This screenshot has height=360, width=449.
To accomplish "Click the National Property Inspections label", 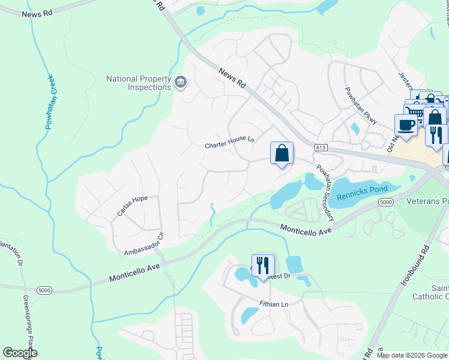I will (139, 83).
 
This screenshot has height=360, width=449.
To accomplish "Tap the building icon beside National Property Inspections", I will (181, 82).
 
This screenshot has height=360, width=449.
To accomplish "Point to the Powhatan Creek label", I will (50, 101).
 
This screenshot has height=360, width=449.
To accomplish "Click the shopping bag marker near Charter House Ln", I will (282, 154).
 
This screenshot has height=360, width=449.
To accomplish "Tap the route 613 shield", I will (320, 147).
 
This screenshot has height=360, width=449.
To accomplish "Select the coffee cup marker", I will (406, 125).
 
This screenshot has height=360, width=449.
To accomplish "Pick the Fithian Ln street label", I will (274, 305).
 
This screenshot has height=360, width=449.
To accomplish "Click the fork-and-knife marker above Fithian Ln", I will (262, 266).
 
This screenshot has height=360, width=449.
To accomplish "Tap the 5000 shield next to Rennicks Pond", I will (386, 203).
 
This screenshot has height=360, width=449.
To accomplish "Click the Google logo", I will (20, 352).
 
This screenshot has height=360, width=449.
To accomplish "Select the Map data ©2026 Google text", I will (412, 355).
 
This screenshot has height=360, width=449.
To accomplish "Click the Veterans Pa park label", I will (427, 201).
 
